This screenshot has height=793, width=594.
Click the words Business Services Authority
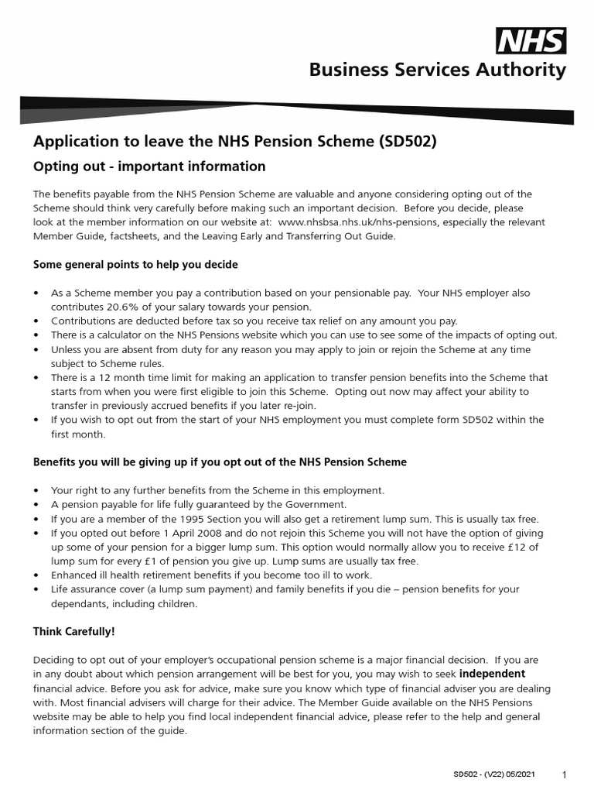437,71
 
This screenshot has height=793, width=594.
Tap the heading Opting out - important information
148,166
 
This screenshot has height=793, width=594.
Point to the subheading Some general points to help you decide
135,265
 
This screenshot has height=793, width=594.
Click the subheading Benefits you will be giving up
219,462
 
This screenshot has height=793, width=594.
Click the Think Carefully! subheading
73,632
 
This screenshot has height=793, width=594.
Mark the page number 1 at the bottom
565,775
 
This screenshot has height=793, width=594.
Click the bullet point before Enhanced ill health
36,575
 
